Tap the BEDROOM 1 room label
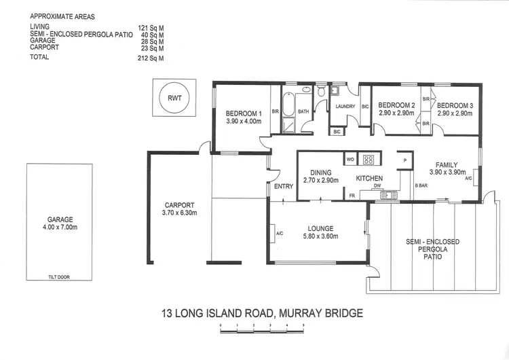pyautogui.click(x=244, y=113)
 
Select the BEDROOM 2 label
pyautogui.click(x=396, y=105)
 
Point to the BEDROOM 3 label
pyautogui.click(x=455, y=105)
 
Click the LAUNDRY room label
pyautogui.click(x=345, y=106)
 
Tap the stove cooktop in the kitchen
pyautogui.click(x=369, y=160)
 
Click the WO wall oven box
pyautogui.click(x=350, y=160)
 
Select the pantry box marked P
pyautogui.click(x=404, y=160)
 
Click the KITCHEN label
pyautogui.click(x=371, y=178)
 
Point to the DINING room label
pyautogui.click(x=320, y=173)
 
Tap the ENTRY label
pyautogui.click(x=283, y=187)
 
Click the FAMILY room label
pyautogui.click(x=447, y=164)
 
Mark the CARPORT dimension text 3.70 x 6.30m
pyautogui.click(x=180, y=213)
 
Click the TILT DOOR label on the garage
pyautogui.click(x=59, y=276)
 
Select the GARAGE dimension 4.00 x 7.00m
pyautogui.click(x=59, y=228)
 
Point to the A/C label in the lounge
pyautogui.click(x=279, y=234)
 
